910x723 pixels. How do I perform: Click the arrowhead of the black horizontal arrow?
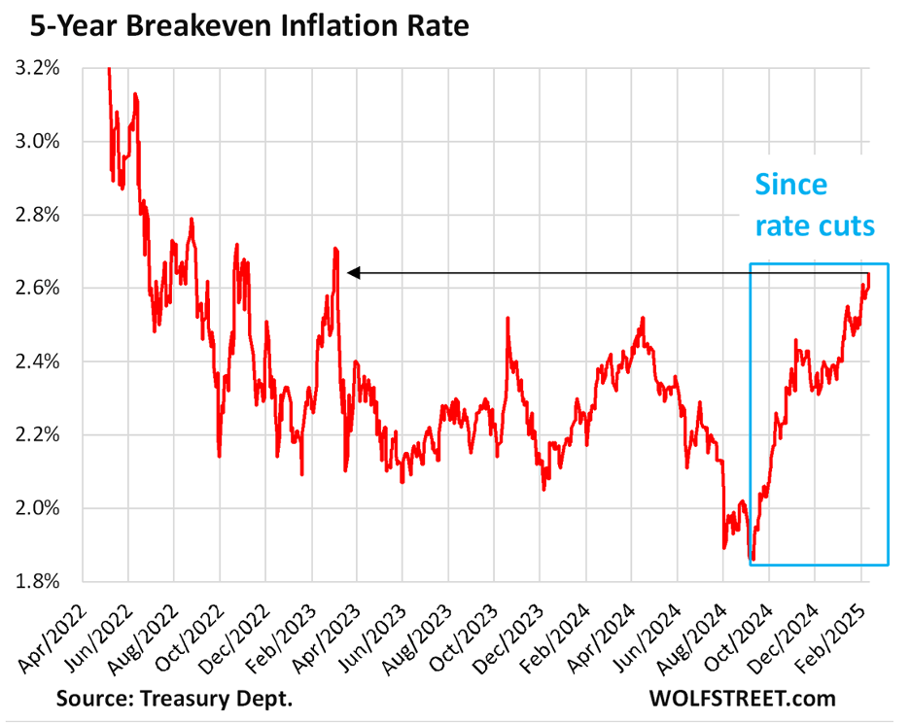pos(352,273)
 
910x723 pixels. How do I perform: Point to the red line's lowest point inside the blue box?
pos(752,561)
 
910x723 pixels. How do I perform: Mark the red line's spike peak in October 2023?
pos(507,318)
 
